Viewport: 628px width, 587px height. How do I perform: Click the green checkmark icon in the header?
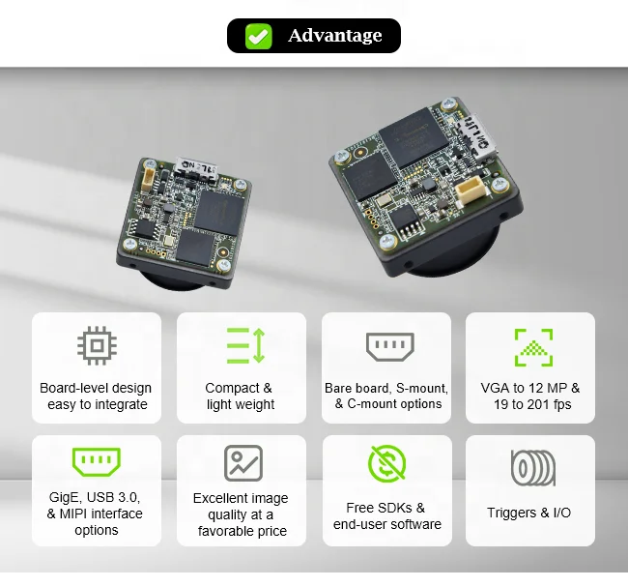pos(258,36)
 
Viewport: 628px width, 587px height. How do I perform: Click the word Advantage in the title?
pos(334,36)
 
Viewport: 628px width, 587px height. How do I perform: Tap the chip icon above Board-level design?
pos(96,345)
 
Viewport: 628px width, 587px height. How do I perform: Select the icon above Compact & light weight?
pos(244,345)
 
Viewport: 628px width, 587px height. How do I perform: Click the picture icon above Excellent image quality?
pos(243,463)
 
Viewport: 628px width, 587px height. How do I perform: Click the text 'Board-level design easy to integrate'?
pos(96,396)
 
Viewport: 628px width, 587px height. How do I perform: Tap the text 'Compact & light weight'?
pos(240,396)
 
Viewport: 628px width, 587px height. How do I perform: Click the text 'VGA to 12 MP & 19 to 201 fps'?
pos(530,396)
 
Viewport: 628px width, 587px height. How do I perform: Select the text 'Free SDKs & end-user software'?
pos(386,515)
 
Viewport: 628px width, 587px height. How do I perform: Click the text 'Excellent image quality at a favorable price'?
pos(243,514)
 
